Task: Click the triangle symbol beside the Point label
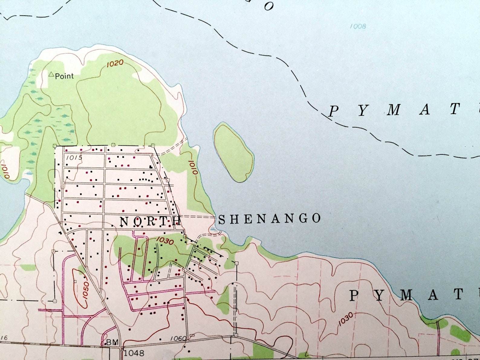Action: [51, 74]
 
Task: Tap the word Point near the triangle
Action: [64, 76]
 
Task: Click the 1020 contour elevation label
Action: [115, 63]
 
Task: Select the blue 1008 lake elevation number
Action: [358, 27]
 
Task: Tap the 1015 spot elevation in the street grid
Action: [74, 157]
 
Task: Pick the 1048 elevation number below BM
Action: [134, 353]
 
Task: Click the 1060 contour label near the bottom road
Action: [178, 338]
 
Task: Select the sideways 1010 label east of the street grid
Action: [193, 167]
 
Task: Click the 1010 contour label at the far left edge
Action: [6, 172]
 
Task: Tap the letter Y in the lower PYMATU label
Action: [380, 295]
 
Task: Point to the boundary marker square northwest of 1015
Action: [55, 146]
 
